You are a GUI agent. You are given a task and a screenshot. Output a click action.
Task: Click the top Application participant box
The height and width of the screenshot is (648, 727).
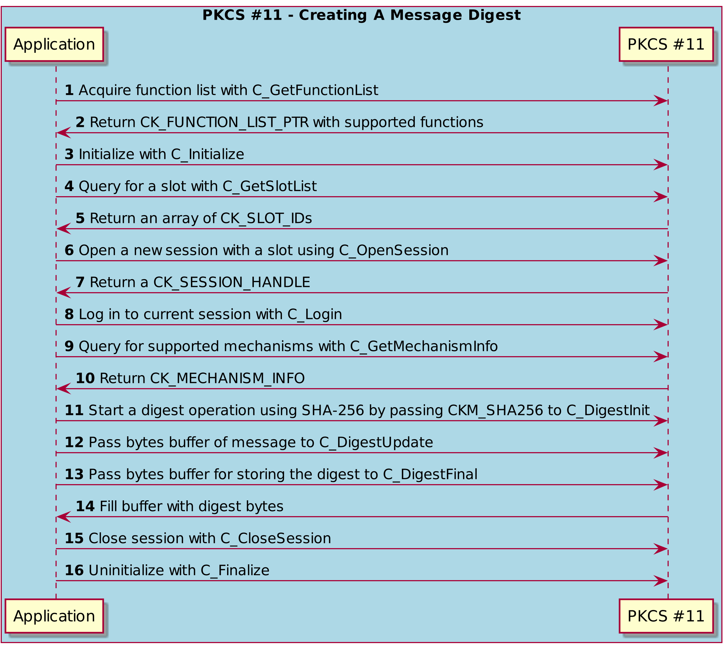coord(54,45)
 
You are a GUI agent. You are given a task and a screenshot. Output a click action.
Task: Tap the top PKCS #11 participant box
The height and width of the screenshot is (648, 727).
coord(666,45)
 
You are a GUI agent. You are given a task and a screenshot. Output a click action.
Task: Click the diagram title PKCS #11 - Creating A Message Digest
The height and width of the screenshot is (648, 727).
coord(361,15)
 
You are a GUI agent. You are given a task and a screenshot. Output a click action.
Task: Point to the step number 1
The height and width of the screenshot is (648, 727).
coord(69,90)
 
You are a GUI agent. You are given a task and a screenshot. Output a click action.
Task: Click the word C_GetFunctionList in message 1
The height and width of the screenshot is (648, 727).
coord(315,91)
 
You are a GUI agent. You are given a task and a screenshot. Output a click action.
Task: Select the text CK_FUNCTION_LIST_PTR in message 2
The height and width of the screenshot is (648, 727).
coord(224,123)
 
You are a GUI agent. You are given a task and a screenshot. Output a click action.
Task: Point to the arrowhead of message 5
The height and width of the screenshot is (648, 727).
coord(64,229)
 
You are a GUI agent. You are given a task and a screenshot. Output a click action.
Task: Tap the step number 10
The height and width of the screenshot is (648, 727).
coord(85,378)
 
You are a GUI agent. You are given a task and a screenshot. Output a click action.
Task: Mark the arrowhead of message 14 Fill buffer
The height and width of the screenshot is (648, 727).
coord(64,517)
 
